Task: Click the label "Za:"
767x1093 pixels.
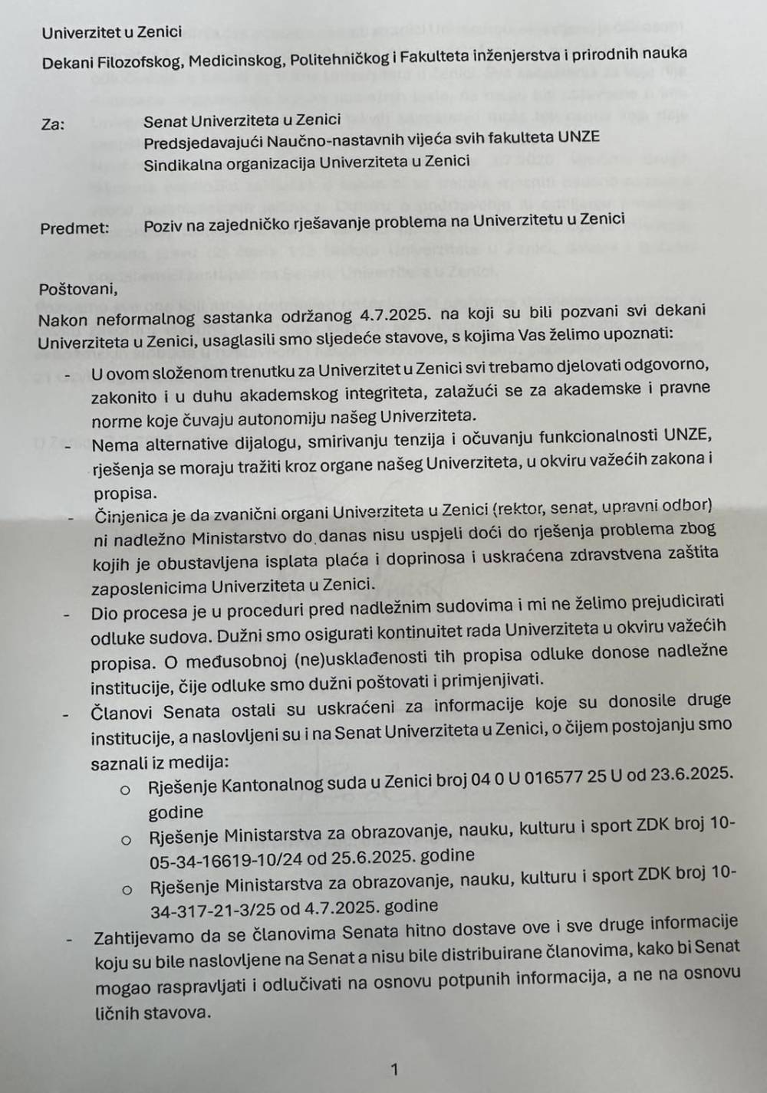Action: [x=53, y=124]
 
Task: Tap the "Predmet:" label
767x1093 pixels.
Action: [x=74, y=228]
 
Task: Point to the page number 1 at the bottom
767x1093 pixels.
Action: [x=394, y=1069]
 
